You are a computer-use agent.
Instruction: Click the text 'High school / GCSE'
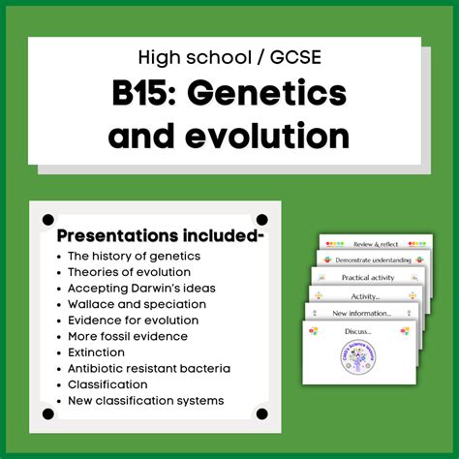coord(229,57)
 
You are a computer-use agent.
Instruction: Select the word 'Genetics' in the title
coord(273,96)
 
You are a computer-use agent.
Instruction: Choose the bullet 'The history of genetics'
coord(134,256)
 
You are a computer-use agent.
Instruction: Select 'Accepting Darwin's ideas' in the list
coord(141,288)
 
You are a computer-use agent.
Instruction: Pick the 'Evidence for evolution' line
coord(133,320)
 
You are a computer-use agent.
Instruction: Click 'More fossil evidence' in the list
coord(128,336)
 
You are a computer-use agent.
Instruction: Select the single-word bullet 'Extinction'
coord(97,352)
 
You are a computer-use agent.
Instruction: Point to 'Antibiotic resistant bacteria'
coord(150,368)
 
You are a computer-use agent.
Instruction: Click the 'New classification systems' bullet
coord(145,400)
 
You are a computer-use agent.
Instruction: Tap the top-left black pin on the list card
coord(48,221)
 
